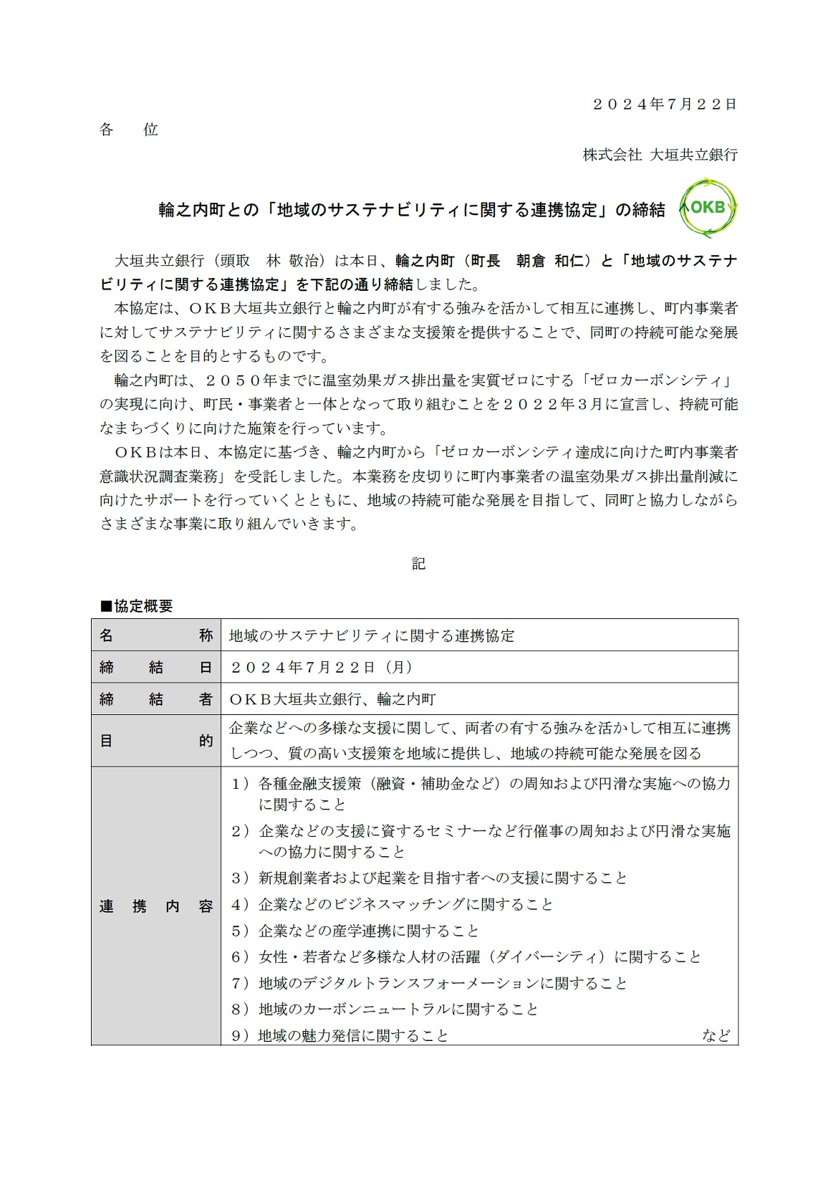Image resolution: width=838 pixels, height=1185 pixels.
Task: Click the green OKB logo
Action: [x=707, y=208]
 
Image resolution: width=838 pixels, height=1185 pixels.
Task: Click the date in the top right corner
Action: [x=664, y=105]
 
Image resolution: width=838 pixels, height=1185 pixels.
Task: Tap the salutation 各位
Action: [x=129, y=130]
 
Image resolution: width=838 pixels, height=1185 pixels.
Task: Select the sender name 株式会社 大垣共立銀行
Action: [x=660, y=155]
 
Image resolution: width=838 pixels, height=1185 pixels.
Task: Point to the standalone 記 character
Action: [x=418, y=564]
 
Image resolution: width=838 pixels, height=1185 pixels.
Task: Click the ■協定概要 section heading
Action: [x=136, y=606]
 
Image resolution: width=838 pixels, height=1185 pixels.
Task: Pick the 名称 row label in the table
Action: [x=156, y=635]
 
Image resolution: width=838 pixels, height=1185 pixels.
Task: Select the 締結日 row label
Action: [x=156, y=667]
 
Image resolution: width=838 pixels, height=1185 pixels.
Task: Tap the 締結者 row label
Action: [x=156, y=699]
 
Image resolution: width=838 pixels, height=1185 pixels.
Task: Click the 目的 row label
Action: [x=156, y=741]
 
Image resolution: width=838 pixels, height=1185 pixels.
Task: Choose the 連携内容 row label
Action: [x=156, y=906]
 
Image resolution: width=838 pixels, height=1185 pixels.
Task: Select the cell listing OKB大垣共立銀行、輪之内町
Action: [x=332, y=699]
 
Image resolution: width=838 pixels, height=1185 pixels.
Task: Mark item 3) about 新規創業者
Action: [x=429, y=878]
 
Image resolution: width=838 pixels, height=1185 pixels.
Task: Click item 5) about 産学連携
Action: [x=355, y=931]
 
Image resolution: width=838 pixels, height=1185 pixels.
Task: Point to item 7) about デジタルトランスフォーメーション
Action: [x=429, y=983]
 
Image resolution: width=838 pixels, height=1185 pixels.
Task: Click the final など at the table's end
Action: [x=716, y=1036]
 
